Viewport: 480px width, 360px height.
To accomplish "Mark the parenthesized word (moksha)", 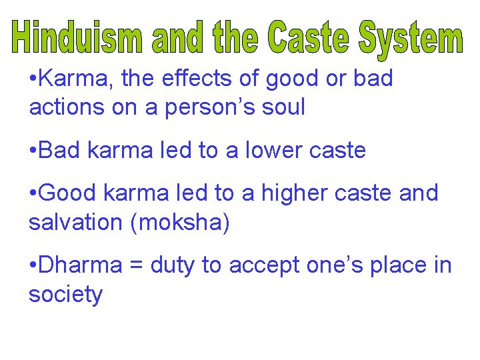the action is click(x=181, y=223).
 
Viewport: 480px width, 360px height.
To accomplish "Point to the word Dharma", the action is click(x=81, y=265).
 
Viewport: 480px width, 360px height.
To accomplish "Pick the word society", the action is click(x=65, y=295).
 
